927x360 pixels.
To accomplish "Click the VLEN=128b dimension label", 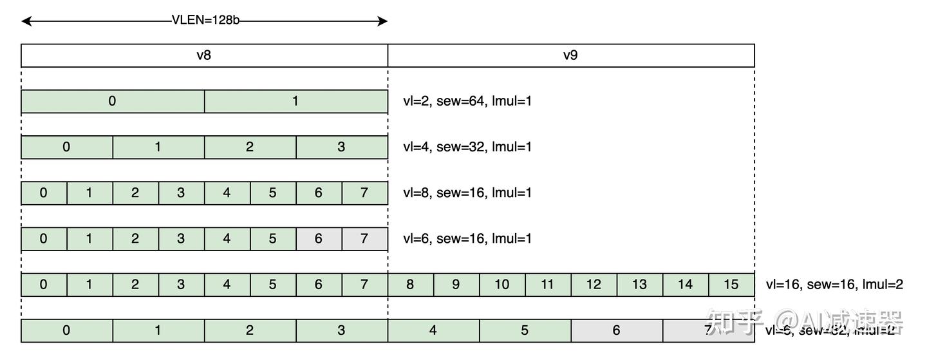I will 205,20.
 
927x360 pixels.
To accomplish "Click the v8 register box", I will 204,55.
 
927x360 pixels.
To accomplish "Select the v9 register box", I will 570,55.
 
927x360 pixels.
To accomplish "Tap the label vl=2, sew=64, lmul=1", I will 467,101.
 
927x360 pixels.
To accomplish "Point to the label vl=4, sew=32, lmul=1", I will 467,147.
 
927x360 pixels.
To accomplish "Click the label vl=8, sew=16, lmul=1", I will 467,193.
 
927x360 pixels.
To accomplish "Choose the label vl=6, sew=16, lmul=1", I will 467,238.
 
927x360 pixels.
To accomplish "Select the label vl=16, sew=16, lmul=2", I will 834,285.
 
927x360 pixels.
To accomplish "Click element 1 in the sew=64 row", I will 295,101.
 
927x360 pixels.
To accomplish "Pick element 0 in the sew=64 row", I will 113,101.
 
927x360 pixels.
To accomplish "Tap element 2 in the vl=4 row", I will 250,147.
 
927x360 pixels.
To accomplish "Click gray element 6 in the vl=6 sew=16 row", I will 319,238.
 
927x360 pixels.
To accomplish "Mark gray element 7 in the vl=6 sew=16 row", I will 364,238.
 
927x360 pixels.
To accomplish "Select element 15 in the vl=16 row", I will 731,285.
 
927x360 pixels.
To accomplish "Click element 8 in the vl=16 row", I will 410,285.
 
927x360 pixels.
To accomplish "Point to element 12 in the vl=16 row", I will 594,285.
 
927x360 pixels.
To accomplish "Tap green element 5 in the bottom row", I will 525,330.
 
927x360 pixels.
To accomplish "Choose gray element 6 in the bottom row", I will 616,330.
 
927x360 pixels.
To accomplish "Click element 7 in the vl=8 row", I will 364,193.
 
